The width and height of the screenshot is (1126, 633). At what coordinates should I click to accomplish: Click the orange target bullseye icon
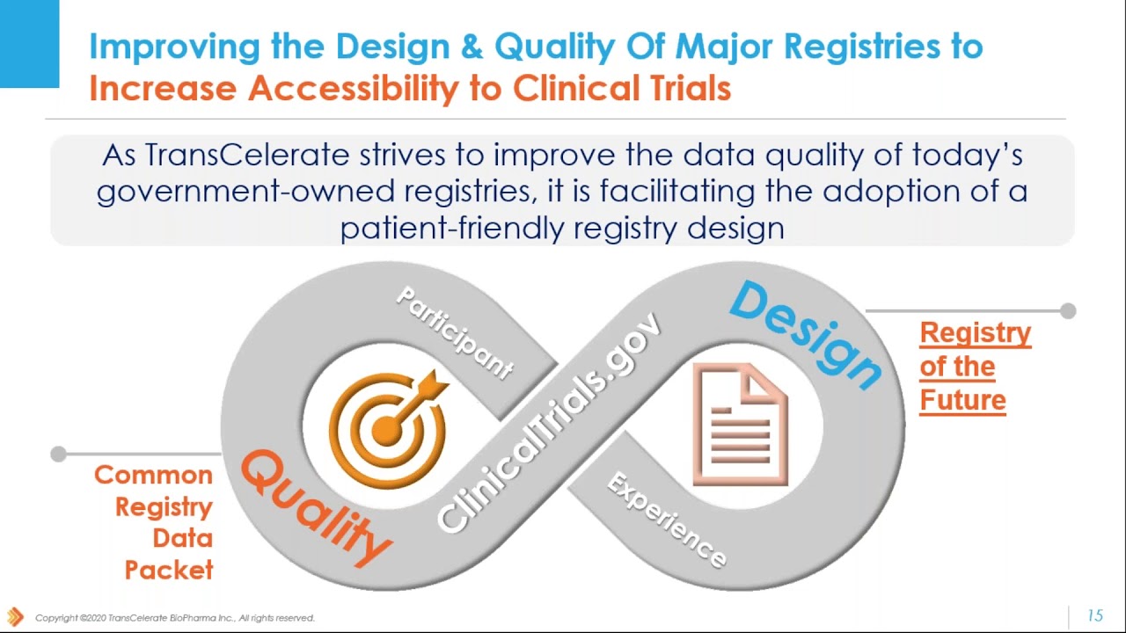pyautogui.click(x=386, y=428)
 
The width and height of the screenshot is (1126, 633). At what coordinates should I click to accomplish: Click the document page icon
pyautogui.click(x=740, y=424)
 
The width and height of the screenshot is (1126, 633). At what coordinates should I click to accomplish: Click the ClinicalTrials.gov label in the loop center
pyautogui.click(x=549, y=423)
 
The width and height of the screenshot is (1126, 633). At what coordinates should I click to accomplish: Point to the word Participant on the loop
pyautogui.click(x=454, y=332)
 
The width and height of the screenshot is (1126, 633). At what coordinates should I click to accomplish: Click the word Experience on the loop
pyautogui.click(x=667, y=520)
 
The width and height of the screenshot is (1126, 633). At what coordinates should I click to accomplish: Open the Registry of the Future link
pyautogui.click(x=975, y=366)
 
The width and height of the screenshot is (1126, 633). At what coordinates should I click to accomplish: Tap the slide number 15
pyautogui.click(x=1094, y=615)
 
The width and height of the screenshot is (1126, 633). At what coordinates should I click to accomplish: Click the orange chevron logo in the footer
pyautogui.click(x=15, y=617)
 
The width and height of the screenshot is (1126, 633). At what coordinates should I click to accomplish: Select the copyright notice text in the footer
pyautogui.click(x=174, y=618)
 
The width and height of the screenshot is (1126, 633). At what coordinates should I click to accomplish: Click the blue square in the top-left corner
pyautogui.click(x=29, y=43)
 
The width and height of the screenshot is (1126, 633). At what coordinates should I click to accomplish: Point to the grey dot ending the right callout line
pyautogui.click(x=1068, y=310)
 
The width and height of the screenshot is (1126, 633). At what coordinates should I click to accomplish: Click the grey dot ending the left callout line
pyautogui.click(x=58, y=454)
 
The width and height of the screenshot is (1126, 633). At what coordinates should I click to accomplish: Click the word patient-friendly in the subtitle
pyautogui.click(x=452, y=229)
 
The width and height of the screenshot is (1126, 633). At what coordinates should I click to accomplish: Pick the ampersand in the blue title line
pyautogui.click(x=472, y=47)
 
